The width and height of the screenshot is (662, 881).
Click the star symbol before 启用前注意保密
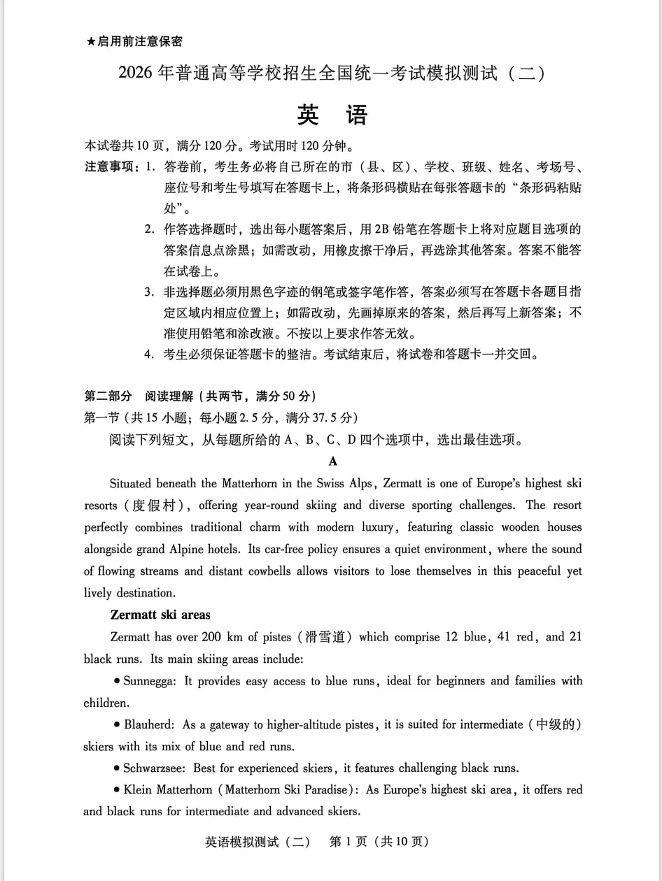click(90, 42)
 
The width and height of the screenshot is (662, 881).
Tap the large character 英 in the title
click(308, 115)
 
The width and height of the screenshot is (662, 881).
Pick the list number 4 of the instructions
click(148, 354)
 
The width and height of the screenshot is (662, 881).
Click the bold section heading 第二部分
click(108, 396)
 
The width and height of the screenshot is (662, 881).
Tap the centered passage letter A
click(333, 461)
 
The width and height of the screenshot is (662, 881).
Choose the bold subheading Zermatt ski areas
click(160, 615)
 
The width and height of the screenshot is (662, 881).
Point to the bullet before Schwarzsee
click(116, 768)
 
